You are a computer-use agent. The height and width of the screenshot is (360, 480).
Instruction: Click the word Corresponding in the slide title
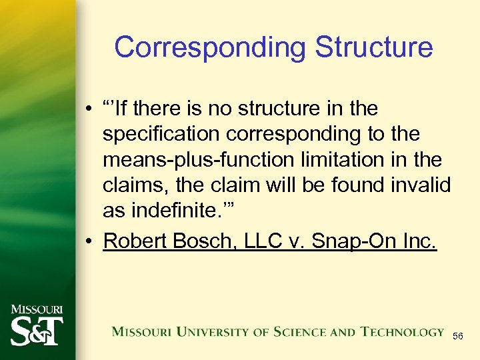pyautogui.click(x=209, y=48)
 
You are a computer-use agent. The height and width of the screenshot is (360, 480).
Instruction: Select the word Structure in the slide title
pyautogui.click(x=374, y=48)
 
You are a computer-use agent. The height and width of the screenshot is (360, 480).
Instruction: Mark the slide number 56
pyautogui.click(x=458, y=337)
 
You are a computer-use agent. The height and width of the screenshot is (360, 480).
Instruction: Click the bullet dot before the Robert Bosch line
pyautogui.click(x=89, y=241)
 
